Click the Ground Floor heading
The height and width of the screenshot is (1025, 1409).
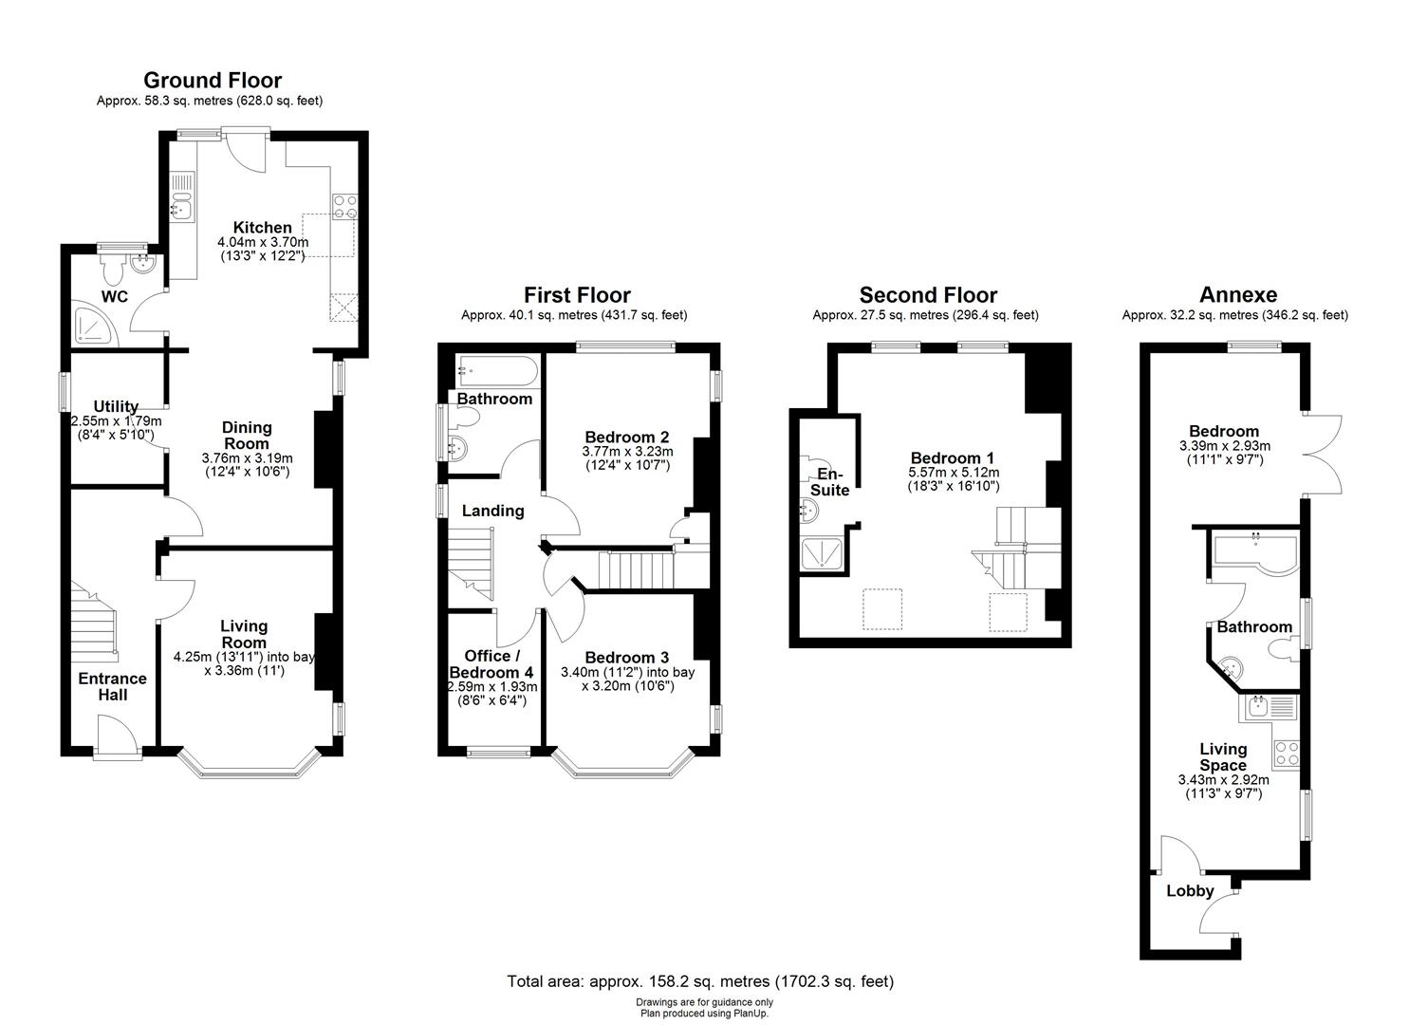(212, 81)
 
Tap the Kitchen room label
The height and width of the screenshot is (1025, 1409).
(263, 228)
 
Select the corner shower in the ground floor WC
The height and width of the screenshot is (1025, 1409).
(93, 325)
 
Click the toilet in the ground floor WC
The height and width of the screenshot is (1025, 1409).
(114, 272)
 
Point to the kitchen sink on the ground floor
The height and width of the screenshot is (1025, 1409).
(180, 207)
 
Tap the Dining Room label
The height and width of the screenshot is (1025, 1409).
(247, 436)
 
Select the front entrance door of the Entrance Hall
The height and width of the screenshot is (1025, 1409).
(117, 735)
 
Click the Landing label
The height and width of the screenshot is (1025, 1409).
(492, 512)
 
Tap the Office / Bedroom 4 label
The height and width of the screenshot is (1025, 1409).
(491, 664)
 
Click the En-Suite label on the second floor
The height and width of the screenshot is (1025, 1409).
(829, 482)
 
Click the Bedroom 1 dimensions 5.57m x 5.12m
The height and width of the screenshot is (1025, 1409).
(955, 473)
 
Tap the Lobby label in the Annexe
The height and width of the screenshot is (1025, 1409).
(1190, 891)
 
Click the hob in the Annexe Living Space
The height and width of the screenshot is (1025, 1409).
(1287, 755)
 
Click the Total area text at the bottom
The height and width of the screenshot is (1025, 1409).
(700, 981)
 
